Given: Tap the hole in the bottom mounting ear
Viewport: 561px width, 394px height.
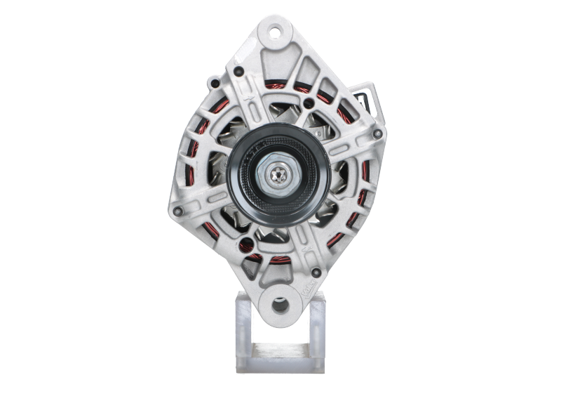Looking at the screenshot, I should (x=280, y=305).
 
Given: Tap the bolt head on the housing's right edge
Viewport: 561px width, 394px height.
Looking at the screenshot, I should (x=378, y=133).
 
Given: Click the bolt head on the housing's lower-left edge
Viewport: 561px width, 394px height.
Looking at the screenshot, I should (x=177, y=210).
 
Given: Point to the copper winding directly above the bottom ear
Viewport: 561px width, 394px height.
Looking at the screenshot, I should (x=280, y=261).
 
